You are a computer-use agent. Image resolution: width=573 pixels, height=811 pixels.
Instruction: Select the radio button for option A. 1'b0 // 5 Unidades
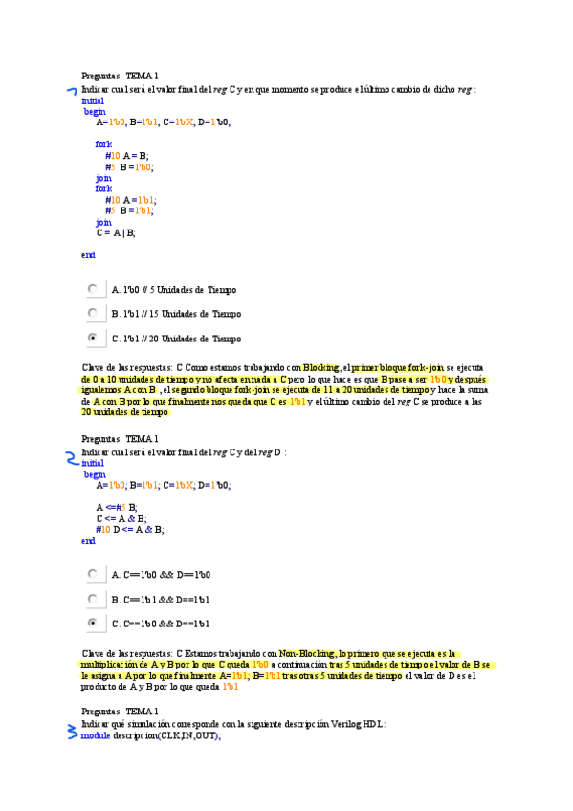pyautogui.click(x=93, y=288)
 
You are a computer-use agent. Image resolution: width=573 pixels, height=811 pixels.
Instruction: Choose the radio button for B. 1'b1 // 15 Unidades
pyautogui.click(x=93, y=313)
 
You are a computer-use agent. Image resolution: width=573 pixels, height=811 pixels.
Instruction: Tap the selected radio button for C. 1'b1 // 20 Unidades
pyautogui.click(x=93, y=338)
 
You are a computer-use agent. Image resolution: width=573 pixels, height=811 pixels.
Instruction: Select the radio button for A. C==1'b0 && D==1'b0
pyautogui.click(x=93, y=574)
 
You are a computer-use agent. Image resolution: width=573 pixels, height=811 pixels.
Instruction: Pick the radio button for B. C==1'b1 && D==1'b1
pyautogui.click(x=93, y=599)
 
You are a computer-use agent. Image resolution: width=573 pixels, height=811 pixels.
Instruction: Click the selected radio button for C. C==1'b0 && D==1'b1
pyautogui.click(x=93, y=624)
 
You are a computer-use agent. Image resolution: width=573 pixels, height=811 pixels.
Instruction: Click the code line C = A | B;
pyautogui.click(x=115, y=232)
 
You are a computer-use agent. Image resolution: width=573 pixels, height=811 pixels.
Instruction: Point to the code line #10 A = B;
pyautogui.click(x=127, y=155)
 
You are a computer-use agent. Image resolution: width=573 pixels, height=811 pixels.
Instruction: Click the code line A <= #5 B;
pyautogui.click(x=117, y=506)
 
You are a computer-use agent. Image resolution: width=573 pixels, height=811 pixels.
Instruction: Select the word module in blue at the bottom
pyautogui.click(x=96, y=735)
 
